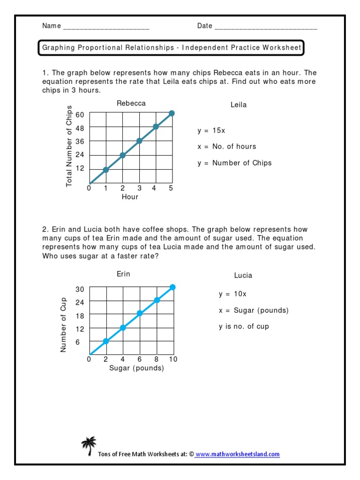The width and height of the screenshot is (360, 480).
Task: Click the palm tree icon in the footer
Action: (89, 446)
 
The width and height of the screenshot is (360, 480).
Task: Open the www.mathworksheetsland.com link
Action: (237, 454)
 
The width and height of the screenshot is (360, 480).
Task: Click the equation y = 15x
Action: (211, 130)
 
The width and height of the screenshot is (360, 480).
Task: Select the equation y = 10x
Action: (232, 294)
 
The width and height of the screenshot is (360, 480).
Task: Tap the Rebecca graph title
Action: (131, 103)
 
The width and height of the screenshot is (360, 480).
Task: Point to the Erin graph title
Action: (123, 274)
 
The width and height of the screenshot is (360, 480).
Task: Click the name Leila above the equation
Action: (238, 105)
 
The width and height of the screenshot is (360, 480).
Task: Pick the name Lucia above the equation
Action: (243, 276)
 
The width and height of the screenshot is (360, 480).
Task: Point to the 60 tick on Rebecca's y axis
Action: (80, 115)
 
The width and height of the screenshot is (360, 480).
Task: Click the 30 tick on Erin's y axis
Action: (80, 289)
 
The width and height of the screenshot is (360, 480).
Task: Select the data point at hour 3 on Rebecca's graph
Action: (139, 141)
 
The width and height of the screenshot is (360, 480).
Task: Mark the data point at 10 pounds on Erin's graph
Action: (173, 287)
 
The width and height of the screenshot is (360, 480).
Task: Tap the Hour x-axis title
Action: (130, 197)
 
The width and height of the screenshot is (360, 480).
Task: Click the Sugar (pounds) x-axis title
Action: (136, 368)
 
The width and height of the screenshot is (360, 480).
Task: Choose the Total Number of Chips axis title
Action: (69, 146)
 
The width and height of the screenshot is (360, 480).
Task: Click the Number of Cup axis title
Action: (64, 324)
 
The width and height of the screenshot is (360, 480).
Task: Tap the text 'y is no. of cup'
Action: (244, 326)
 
